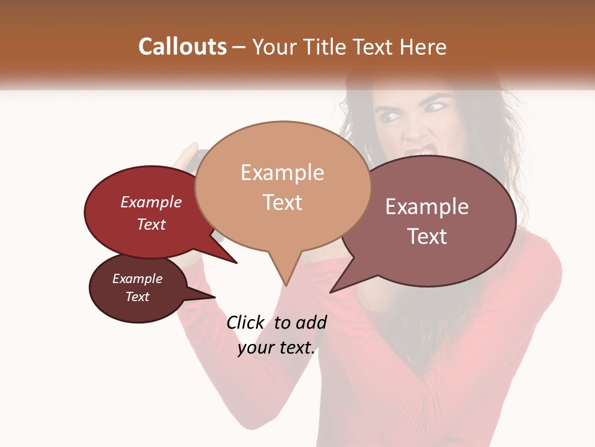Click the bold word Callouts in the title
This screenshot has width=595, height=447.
182,47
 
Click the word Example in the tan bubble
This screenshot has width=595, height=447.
282,172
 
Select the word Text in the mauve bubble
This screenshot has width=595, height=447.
427,237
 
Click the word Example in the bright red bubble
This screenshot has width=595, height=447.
151,202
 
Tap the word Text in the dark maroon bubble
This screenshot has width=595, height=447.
138,297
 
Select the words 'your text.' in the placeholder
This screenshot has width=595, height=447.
276,348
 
